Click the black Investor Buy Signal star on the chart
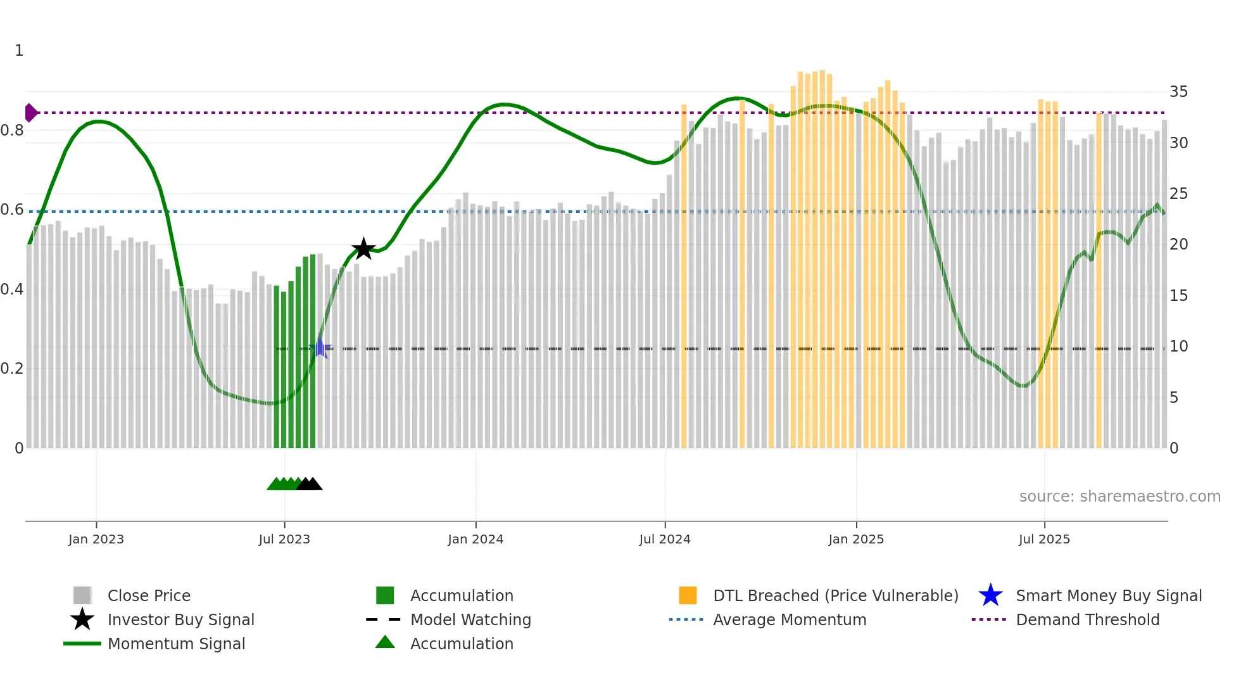363,249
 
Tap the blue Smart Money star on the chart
320,348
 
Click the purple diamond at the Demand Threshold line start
30,113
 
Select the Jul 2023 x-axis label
284,539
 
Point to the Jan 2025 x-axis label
856,539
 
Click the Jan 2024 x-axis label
476,539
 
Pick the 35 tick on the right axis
1178,92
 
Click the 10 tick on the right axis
1178,346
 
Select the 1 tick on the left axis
19,51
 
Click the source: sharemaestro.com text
1119,497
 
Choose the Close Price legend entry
149,595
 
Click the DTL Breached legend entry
835,595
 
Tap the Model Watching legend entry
470,619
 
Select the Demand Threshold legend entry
1087,619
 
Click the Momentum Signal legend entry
176,644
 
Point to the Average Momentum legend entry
790,619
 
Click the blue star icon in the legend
990,595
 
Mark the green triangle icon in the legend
385,642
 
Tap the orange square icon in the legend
688,595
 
